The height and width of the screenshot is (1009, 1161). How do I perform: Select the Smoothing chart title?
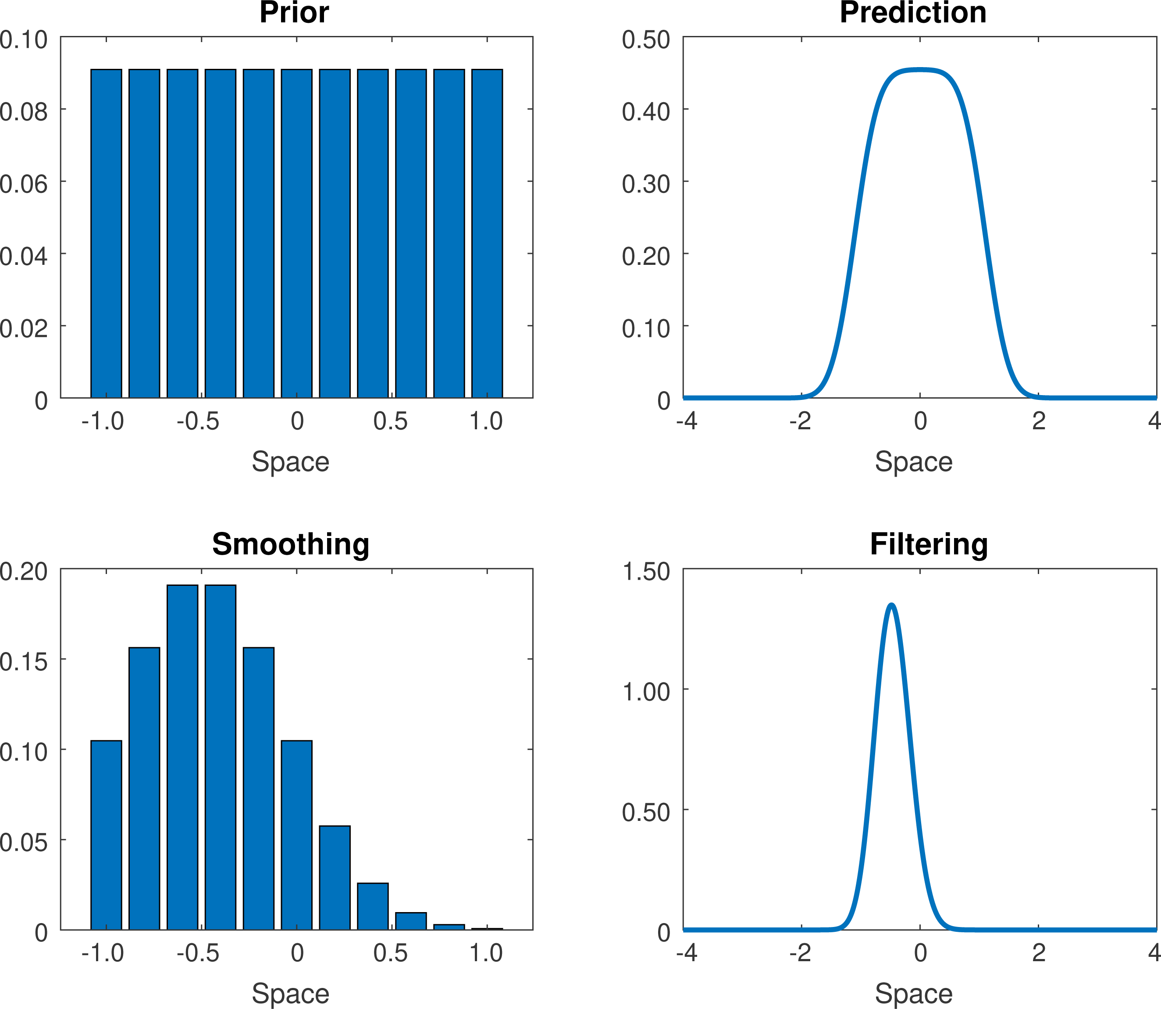(x=291, y=545)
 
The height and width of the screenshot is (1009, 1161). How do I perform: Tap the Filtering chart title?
(x=929, y=545)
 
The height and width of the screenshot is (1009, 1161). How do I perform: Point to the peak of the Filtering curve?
(x=891, y=606)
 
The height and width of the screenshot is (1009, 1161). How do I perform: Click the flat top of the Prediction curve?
(x=920, y=71)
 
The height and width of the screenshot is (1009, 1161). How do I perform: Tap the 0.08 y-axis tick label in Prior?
(x=24, y=111)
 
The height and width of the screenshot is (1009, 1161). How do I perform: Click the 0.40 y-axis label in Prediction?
(x=646, y=111)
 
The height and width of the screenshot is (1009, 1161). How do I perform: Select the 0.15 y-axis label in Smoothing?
(x=24, y=662)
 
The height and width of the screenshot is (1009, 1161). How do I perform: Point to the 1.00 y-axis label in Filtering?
(x=646, y=692)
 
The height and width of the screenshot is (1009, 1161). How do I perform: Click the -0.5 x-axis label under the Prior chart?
(x=198, y=421)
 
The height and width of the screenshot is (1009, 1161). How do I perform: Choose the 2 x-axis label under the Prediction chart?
(x=1039, y=421)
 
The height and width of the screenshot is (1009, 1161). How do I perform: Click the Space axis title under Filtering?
(x=913, y=993)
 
